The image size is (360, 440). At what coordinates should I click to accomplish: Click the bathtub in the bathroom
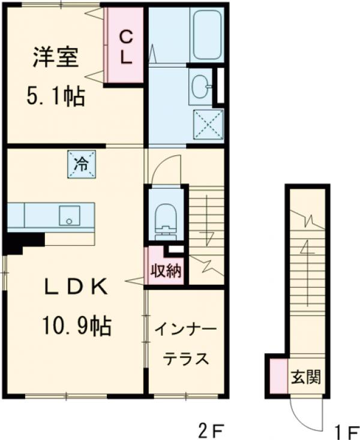[x=206, y=35]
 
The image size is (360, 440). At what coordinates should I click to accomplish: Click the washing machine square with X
[x=208, y=125]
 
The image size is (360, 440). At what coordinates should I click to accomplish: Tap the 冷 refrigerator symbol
[x=81, y=163]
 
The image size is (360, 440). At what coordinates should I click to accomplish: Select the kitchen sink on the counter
[x=69, y=215]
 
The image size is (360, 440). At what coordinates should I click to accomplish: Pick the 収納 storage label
[x=165, y=270]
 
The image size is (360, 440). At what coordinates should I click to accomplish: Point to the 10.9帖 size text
[x=76, y=326]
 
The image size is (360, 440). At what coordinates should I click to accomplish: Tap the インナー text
[x=187, y=330]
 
